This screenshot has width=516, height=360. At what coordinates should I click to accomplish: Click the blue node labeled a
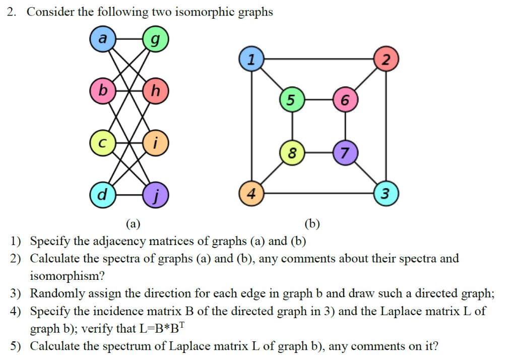(x=102, y=39)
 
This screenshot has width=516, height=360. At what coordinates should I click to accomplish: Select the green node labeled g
(x=156, y=39)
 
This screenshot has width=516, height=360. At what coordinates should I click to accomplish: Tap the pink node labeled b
(x=102, y=91)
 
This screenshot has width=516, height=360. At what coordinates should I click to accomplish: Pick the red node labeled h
(x=156, y=91)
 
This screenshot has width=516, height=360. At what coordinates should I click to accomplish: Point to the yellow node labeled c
(x=102, y=143)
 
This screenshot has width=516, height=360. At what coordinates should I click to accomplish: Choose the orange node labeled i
(x=156, y=143)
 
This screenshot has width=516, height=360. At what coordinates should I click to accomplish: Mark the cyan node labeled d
(x=102, y=194)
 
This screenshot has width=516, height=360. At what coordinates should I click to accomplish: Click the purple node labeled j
(x=156, y=194)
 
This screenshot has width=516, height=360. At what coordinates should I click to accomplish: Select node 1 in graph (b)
(x=250, y=59)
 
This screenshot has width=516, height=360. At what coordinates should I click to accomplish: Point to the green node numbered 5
(x=291, y=100)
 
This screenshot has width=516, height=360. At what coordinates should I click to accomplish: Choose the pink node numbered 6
(x=345, y=100)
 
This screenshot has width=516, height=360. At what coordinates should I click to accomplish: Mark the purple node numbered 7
(x=345, y=153)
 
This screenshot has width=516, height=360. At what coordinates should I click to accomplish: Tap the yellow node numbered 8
(x=291, y=153)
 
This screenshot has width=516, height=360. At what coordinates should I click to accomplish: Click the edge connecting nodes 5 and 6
(x=318, y=100)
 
